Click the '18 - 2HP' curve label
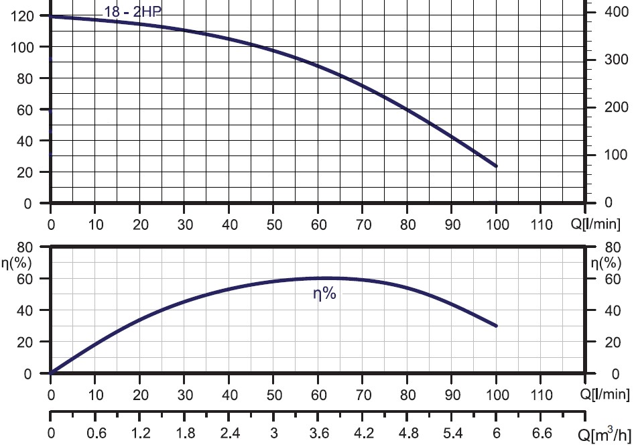(133, 11)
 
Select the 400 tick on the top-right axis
(611, 12)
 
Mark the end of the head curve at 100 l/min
(497, 166)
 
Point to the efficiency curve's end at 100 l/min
(497, 326)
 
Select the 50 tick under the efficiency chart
(273, 393)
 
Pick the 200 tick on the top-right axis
(611, 107)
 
